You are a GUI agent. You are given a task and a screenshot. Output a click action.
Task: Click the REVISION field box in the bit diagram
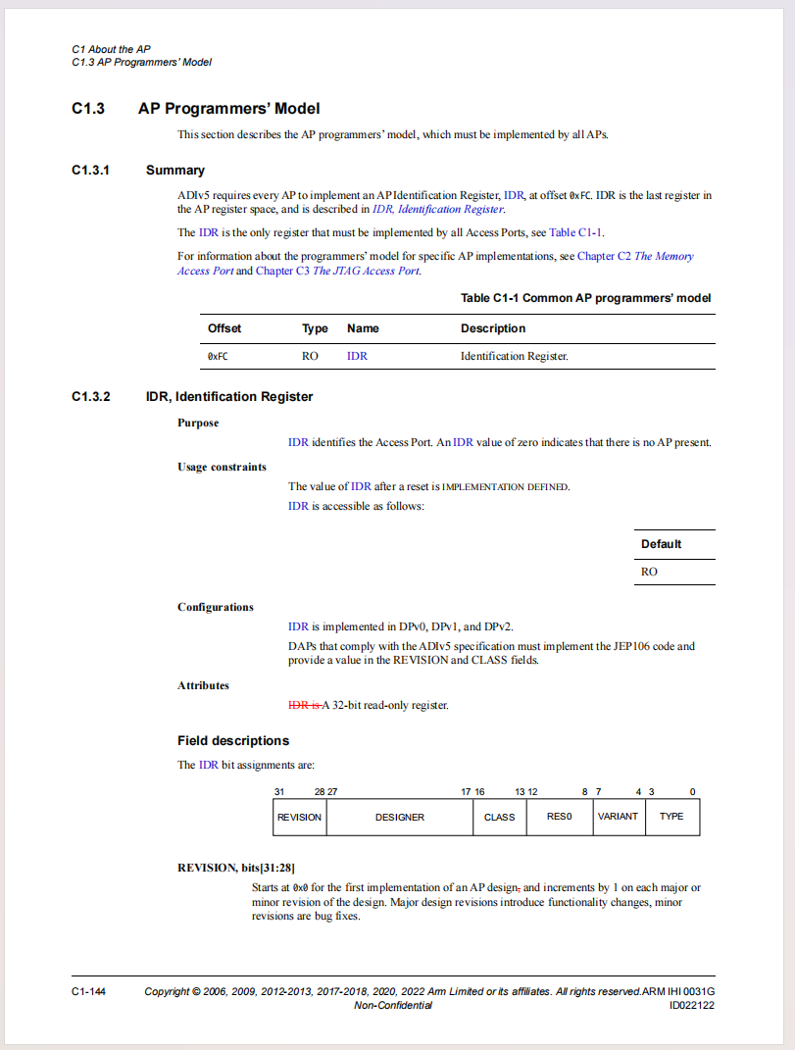pyautogui.click(x=299, y=817)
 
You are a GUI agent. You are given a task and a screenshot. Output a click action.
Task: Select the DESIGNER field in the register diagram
pyautogui.click(x=400, y=817)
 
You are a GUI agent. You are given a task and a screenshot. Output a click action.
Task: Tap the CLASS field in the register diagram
pyautogui.click(x=500, y=817)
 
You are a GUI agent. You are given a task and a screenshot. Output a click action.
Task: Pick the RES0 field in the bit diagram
pyautogui.click(x=560, y=817)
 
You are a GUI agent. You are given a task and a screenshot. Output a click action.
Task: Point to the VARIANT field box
pyautogui.click(x=619, y=817)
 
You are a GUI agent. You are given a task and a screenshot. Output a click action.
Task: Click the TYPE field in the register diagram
pyautogui.click(x=672, y=817)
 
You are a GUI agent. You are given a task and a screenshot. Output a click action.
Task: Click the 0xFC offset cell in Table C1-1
pyautogui.click(x=218, y=356)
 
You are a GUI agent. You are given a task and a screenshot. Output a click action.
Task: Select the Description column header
pyautogui.click(x=493, y=328)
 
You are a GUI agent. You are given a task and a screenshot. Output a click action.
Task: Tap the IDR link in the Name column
pyautogui.click(x=357, y=356)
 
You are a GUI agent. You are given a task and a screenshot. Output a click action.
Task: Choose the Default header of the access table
pyautogui.click(x=662, y=544)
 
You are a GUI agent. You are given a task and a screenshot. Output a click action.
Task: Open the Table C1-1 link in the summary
pyautogui.click(x=576, y=233)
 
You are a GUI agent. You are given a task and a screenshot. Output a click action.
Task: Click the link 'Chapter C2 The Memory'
pyautogui.click(x=635, y=256)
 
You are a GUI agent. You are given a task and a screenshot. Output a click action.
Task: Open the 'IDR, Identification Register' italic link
pyautogui.click(x=438, y=209)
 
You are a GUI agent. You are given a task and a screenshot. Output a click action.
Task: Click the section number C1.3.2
pyautogui.click(x=91, y=397)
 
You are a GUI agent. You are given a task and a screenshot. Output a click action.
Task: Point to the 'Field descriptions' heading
pyautogui.click(x=233, y=740)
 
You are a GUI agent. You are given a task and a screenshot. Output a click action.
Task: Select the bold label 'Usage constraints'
pyautogui.click(x=222, y=467)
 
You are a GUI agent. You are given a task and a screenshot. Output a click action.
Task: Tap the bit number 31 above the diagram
pyautogui.click(x=279, y=791)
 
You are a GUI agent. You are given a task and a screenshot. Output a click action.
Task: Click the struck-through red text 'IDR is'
pyautogui.click(x=304, y=705)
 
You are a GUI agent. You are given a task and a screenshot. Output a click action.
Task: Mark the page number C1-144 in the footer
pyautogui.click(x=88, y=991)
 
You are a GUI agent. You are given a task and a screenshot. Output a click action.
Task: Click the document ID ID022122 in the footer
pyautogui.click(x=691, y=1005)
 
